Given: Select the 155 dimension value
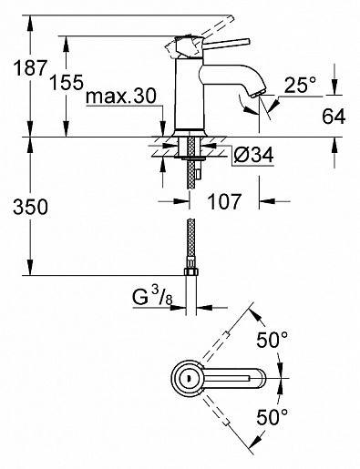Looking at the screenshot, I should click(67, 85).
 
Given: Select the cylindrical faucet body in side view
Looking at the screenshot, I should click(192, 91).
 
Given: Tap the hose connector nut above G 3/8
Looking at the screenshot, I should click(192, 272).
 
